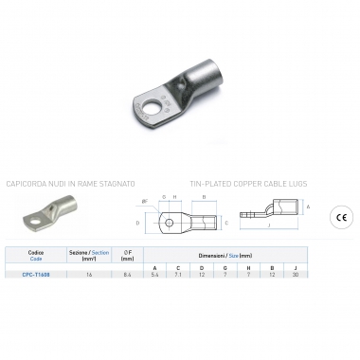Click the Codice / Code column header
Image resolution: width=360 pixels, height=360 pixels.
click(37, 256)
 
